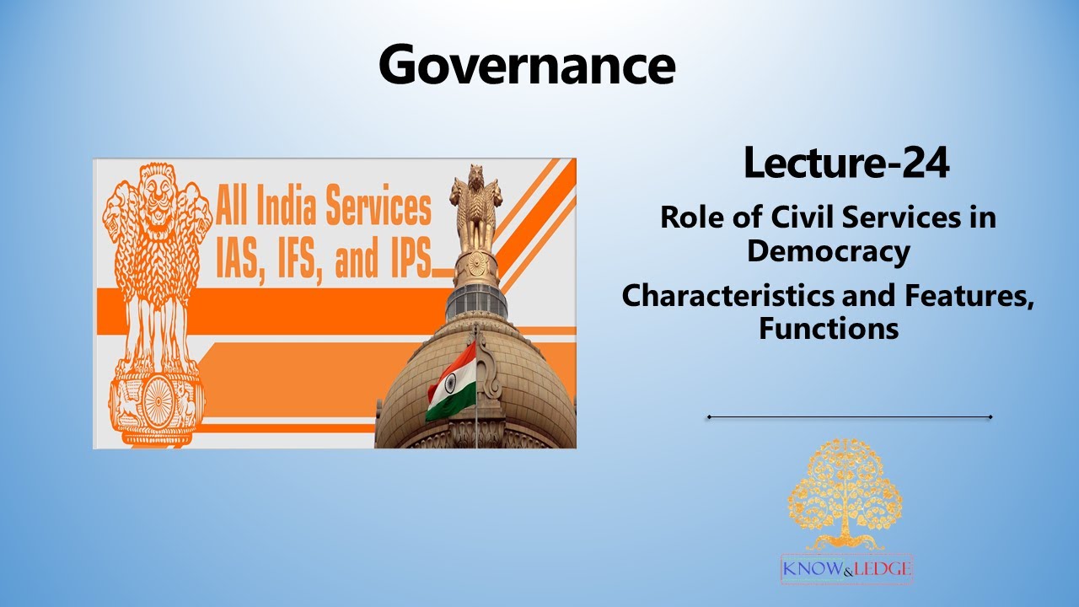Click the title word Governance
pos(527,64)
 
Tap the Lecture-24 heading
pos(845,164)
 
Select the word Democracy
pos(829,250)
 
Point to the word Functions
pos(829,327)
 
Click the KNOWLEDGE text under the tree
pos(847,569)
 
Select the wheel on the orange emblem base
pos(157,400)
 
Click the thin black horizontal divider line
pos(849,416)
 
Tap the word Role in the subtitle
pos(690,218)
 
